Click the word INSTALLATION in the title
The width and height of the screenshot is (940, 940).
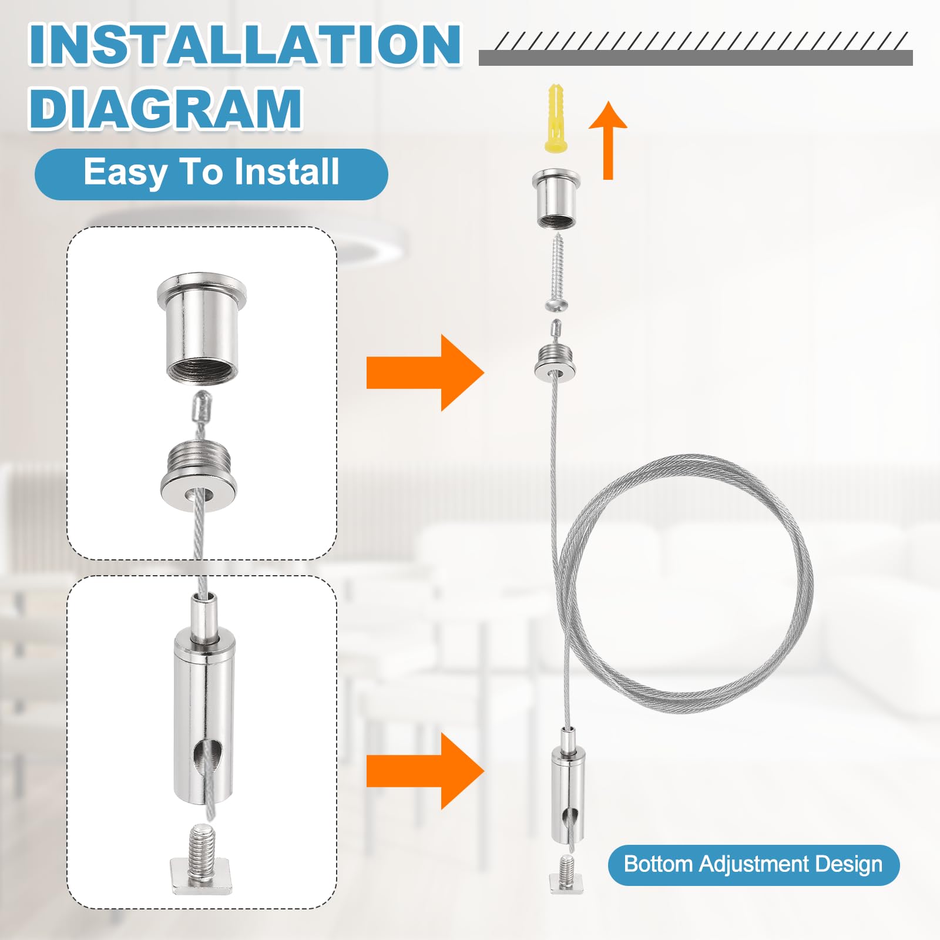(245, 45)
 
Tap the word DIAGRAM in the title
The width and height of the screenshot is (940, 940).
(166, 109)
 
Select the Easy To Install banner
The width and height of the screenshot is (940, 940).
(211, 174)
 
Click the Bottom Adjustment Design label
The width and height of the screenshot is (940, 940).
(753, 865)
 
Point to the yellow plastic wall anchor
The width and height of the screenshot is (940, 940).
(556, 119)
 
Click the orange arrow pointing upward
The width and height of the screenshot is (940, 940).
(608, 140)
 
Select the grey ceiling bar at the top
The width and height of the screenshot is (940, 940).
(696, 58)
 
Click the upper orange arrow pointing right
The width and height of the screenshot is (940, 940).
(425, 372)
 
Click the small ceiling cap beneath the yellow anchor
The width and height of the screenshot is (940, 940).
(556, 199)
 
